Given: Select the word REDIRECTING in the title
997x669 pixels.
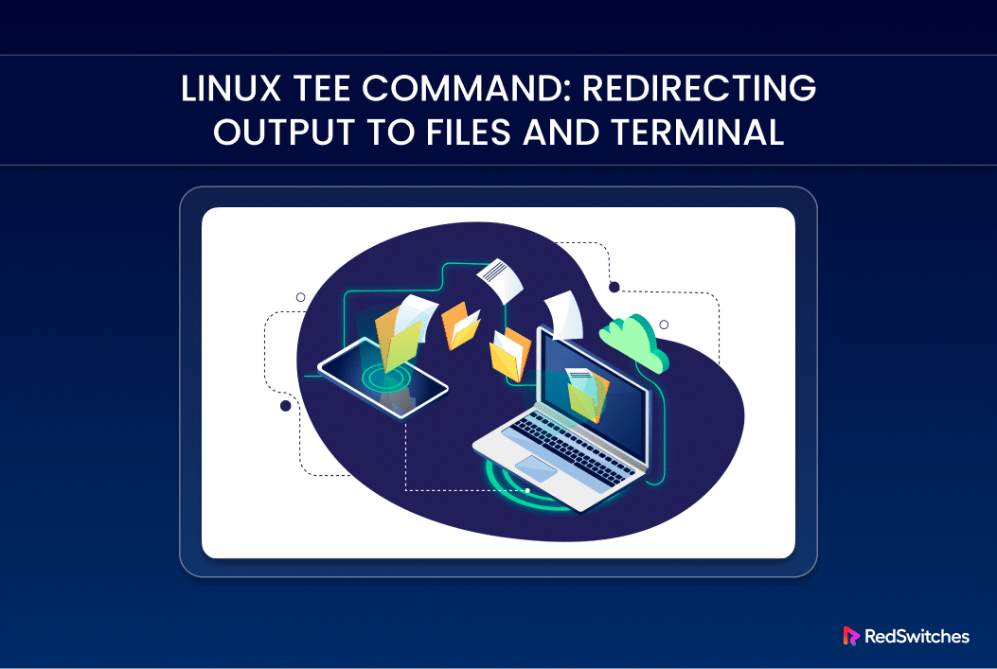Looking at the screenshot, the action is [699, 89].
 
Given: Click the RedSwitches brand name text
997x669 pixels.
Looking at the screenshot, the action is [917, 637].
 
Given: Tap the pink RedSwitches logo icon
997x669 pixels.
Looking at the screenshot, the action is [850, 637].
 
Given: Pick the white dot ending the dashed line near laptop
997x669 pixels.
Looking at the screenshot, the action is [527, 490].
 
